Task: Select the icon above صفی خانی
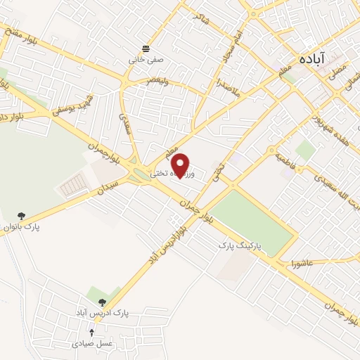(x=146, y=49)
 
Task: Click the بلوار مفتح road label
(x=21, y=34)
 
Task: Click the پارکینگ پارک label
(x=238, y=246)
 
